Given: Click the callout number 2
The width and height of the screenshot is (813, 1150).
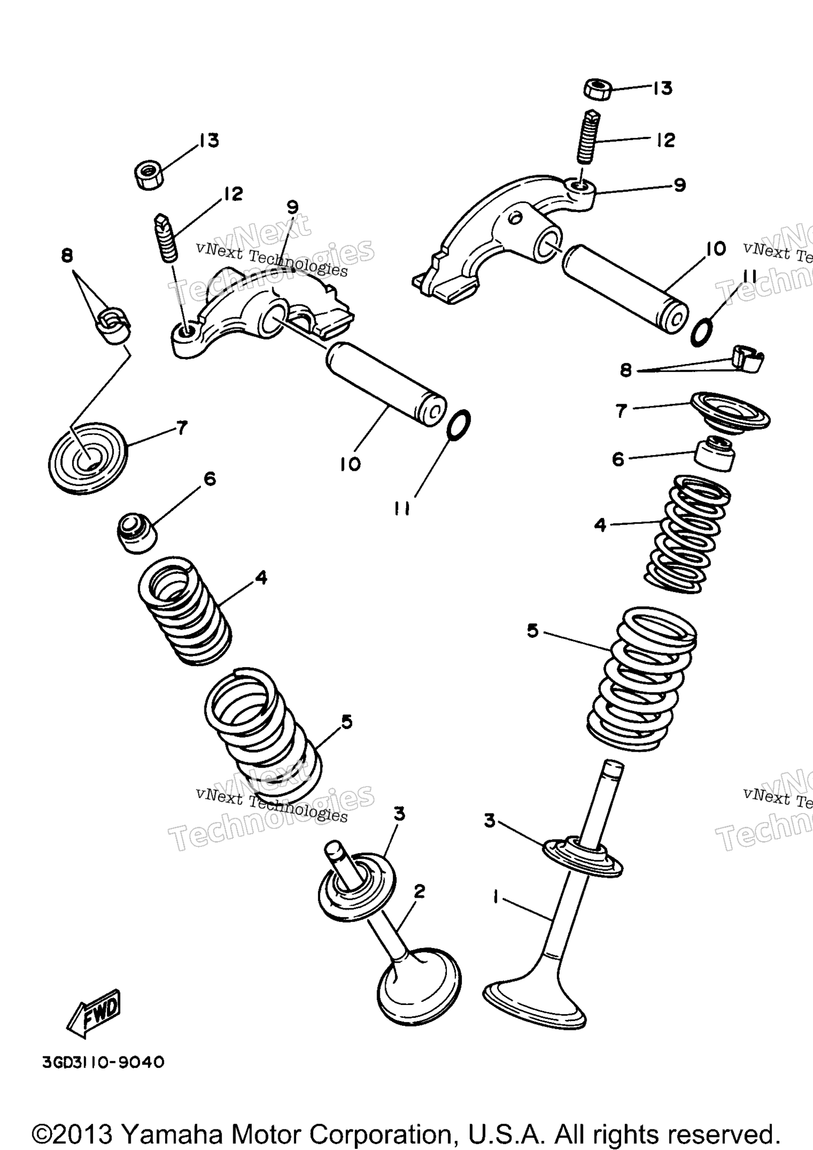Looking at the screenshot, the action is click(419, 892).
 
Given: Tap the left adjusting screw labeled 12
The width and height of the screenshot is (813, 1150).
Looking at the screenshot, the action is click(167, 238).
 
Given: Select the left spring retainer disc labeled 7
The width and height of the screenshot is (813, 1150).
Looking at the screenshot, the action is click(88, 458).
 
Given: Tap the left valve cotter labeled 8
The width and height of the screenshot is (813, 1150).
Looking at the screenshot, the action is click(114, 323).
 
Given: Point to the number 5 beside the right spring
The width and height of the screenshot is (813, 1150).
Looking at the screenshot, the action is click(532, 631).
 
